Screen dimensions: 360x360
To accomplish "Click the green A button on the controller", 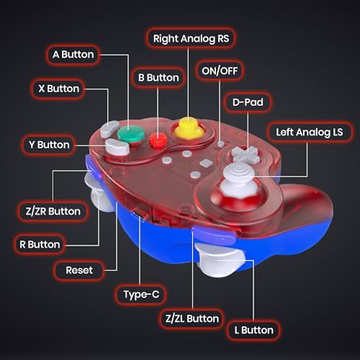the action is click(x=130, y=134).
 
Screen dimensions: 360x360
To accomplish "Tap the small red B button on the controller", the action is click(x=158, y=140).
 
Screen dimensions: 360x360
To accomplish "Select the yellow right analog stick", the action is click(x=189, y=128).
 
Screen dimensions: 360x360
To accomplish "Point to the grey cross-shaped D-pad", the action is click(x=246, y=154).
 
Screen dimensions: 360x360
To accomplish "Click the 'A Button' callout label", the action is click(x=73, y=55).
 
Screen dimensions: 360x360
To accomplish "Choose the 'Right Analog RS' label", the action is click(x=191, y=38).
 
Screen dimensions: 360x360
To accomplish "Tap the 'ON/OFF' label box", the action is click(x=220, y=71).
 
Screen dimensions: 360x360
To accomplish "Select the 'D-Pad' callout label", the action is click(x=248, y=102).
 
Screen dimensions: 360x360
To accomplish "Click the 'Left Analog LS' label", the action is click(x=310, y=132).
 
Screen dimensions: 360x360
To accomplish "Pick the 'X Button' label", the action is click(x=59, y=89).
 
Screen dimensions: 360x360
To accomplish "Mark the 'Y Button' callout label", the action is click(x=49, y=145).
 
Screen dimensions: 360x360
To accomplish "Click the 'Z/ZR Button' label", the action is click(x=53, y=211).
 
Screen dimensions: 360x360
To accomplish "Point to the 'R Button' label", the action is click(x=40, y=244).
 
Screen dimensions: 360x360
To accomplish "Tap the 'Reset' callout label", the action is click(x=79, y=270).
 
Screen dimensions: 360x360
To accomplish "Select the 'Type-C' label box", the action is click(x=141, y=294).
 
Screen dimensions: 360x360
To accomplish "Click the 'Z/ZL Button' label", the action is click(x=192, y=318).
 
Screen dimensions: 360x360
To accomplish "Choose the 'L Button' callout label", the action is click(x=254, y=330).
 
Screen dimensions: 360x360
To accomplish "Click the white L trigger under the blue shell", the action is click(x=220, y=260).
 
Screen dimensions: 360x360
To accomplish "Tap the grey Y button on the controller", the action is click(x=117, y=147).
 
